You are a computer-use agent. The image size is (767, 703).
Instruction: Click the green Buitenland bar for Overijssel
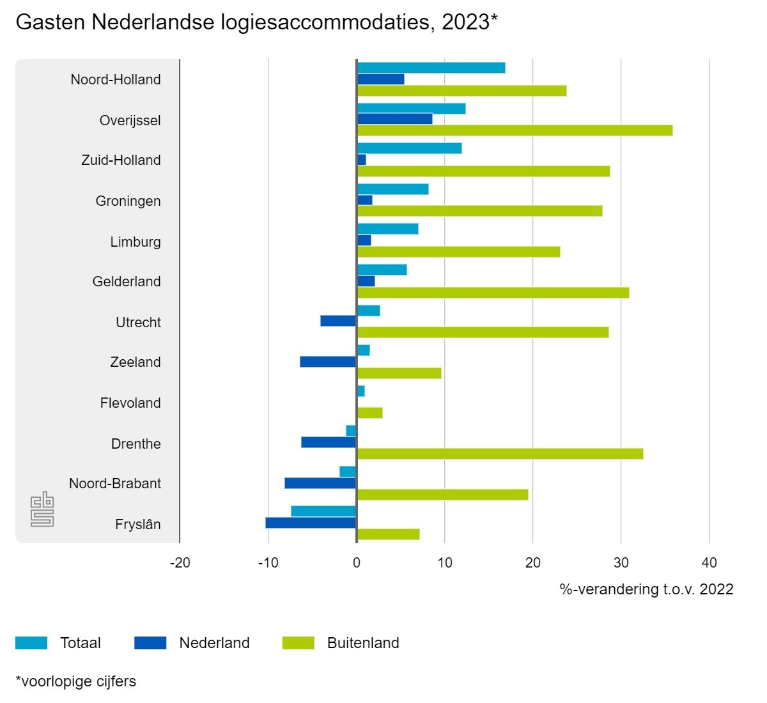(x=515, y=130)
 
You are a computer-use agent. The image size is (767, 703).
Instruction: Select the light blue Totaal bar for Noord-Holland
(x=431, y=68)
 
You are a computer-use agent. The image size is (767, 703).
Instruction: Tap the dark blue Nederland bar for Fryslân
(x=311, y=523)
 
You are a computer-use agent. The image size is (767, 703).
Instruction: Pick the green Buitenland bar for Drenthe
(x=500, y=454)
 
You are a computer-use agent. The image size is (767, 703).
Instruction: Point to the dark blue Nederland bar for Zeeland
(x=328, y=362)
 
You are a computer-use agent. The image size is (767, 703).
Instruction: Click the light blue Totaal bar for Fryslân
(x=323, y=511)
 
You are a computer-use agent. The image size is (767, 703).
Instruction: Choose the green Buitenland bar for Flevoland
(x=369, y=413)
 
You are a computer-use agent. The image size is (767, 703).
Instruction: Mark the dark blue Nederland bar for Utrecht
(x=338, y=321)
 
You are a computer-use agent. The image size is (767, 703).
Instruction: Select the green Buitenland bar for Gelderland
(x=493, y=293)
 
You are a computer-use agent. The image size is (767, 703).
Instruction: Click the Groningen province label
(x=128, y=201)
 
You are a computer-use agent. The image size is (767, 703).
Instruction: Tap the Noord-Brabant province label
(x=115, y=483)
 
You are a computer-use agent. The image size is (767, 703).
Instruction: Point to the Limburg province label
(x=136, y=242)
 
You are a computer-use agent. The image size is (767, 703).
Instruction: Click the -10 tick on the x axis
(x=268, y=563)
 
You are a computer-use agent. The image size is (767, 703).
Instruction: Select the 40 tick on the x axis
(x=709, y=563)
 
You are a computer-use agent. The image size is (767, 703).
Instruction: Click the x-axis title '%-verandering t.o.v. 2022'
(x=646, y=589)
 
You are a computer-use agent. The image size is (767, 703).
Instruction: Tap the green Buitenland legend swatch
(x=298, y=643)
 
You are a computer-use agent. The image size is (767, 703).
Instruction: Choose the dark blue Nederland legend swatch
(x=150, y=643)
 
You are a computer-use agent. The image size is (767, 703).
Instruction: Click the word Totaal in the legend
(x=81, y=643)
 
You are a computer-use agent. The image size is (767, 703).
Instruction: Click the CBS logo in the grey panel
(x=42, y=509)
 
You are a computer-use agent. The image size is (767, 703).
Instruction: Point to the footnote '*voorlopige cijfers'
(x=75, y=681)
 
